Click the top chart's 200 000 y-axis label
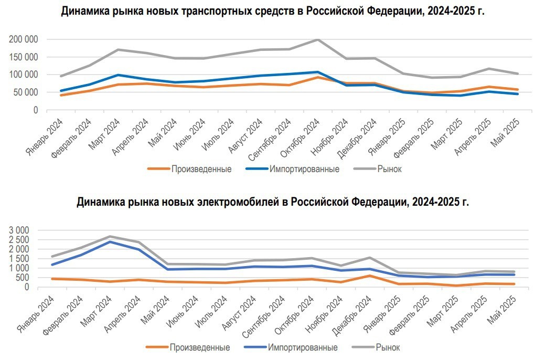23,39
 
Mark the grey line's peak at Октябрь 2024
317,40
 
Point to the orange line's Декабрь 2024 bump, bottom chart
370,276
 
